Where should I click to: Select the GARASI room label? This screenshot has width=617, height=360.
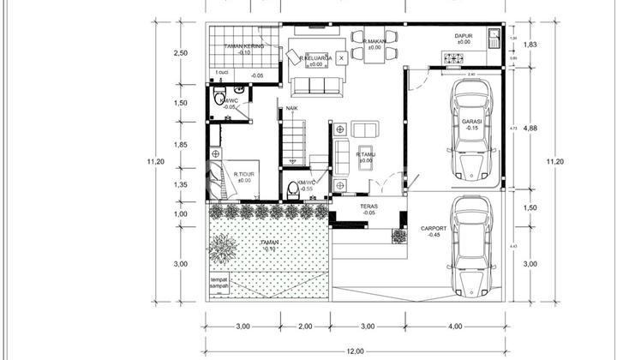pyautogui.click(x=470, y=122)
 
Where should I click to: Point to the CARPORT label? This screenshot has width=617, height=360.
pyautogui.click(x=434, y=229)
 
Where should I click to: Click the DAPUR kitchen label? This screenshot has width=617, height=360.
pyautogui.click(x=464, y=36)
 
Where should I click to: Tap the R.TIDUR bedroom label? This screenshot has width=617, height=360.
pyautogui.click(x=244, y=174)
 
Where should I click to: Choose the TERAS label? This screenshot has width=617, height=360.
pyautogui.click(x=368, y=207)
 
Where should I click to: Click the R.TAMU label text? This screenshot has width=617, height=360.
pyautogui.click(x=366, y=154)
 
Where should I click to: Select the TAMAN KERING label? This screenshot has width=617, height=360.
pyautogui.click(x=243, y=45)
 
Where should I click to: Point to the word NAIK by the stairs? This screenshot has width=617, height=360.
pyautogui.click(x=292, y=108)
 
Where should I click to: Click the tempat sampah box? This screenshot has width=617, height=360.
pyautogui.click(x=222, y=285)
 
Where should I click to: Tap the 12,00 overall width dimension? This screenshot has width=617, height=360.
pyautogui.click(x=355, y=351)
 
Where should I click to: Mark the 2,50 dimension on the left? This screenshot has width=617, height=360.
pyautogui.click(x=180, y=53)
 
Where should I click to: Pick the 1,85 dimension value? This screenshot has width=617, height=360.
pyautogui.click(x=180, y=144)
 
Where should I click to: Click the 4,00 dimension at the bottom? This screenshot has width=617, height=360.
pyautogui.click(x=454, y=326)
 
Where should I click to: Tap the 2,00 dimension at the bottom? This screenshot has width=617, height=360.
pyautogui.click(x=307, y=326)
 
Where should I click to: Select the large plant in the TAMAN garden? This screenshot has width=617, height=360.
pyautogui.click(x=225, y=249)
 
